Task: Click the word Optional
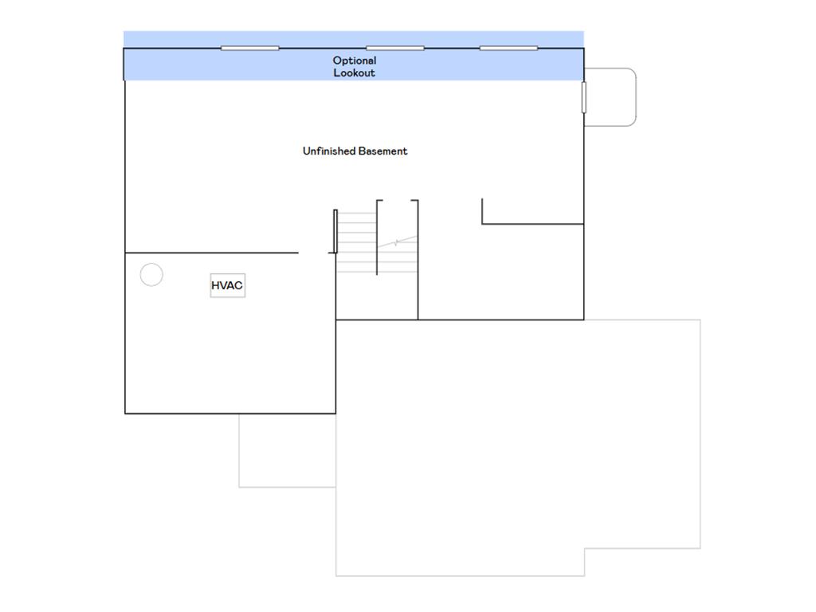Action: click(x=355, y=61)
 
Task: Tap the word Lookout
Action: click(x=355, y=73)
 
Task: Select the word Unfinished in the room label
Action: click(x=329, y=151)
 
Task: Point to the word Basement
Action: click(x=382, y=151)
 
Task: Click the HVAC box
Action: click(x=227, y=285)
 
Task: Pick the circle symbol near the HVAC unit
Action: click(x=151, y=275)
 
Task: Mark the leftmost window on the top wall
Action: click(x=249, y=48)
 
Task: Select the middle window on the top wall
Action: click(x=394, y=48)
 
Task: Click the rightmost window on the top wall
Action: click(x=508, y=48)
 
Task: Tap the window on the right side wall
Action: click(x=583, y=96)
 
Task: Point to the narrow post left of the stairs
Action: click(x=335, y=231)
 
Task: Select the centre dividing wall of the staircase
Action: click(x=377, y=237)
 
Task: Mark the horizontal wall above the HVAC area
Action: click(x=211, y=253)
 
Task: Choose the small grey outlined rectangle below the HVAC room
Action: click(x=287, y=450)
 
